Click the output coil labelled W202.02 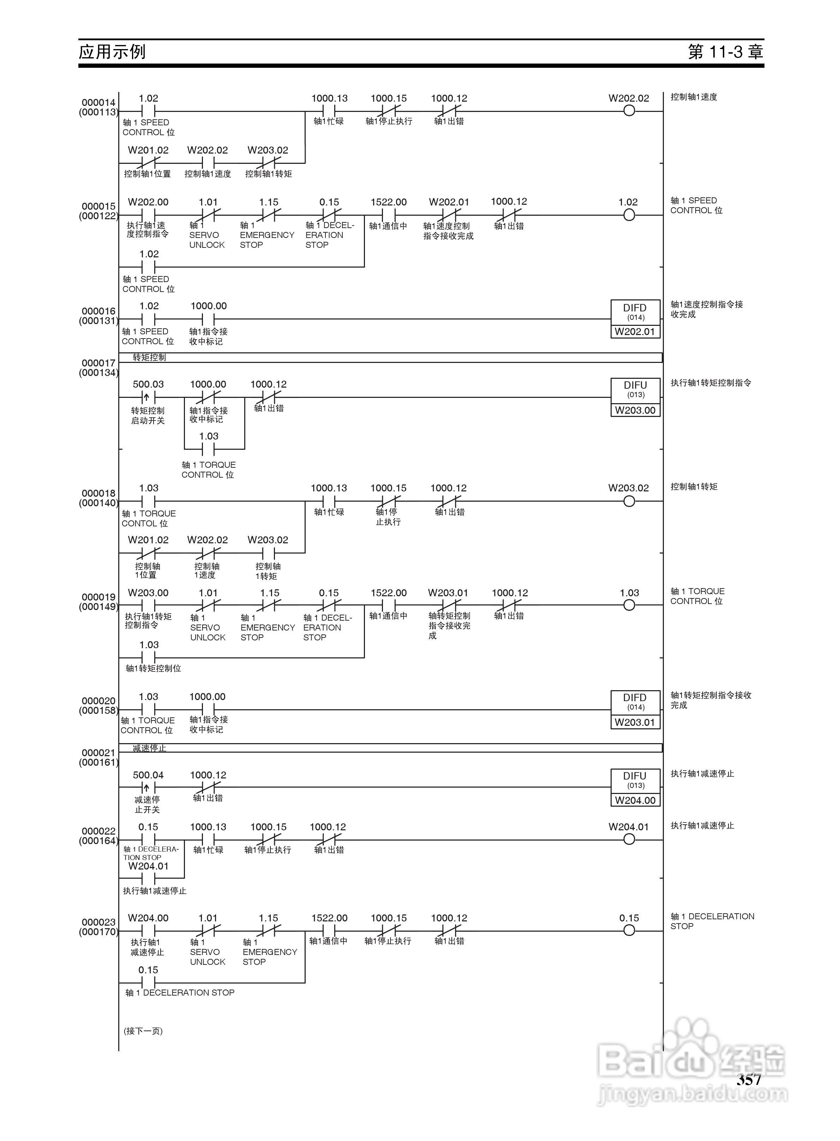(x=629, y=111)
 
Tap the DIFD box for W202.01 (x=635, y=319)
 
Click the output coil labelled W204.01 (x=629, y=840)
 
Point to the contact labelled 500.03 (x=148, y=397)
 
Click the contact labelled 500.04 (x=148, y=788)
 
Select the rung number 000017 (x=98, y=363)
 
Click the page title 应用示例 (x=112, y=52)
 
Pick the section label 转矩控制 (x=149, y=358)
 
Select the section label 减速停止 (x=149, y=748)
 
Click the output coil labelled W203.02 (x=629, y=501)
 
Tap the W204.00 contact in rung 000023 (x=148, y=931)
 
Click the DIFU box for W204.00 (x=635, y=788)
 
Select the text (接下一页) (x=143, y=1031)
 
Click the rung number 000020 (x=98, y=701)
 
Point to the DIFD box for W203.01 (x=635, y=709)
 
